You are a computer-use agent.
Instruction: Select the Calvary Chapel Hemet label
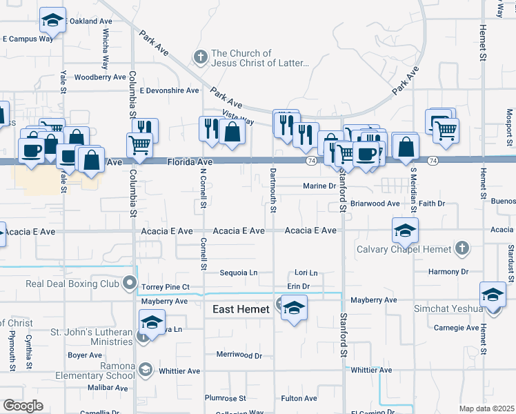[404, 249]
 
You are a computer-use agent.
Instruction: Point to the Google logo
[23, 406]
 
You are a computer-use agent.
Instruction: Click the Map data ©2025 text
[486, 408]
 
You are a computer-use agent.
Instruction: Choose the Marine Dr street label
[319, 186]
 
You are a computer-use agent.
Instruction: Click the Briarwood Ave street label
[375, 204]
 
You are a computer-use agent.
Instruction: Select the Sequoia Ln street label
[238, 273]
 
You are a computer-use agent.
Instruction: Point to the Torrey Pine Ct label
[165, 286]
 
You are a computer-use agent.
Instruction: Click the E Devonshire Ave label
[169, 90]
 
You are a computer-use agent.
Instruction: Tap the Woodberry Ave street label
[99, 77]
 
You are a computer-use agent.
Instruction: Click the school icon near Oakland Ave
[52, 21]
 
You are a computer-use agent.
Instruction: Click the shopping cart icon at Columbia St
[139, 144]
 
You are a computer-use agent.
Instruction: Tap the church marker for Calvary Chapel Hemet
[462, 248]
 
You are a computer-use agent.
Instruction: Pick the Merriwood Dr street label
[239, 356]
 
